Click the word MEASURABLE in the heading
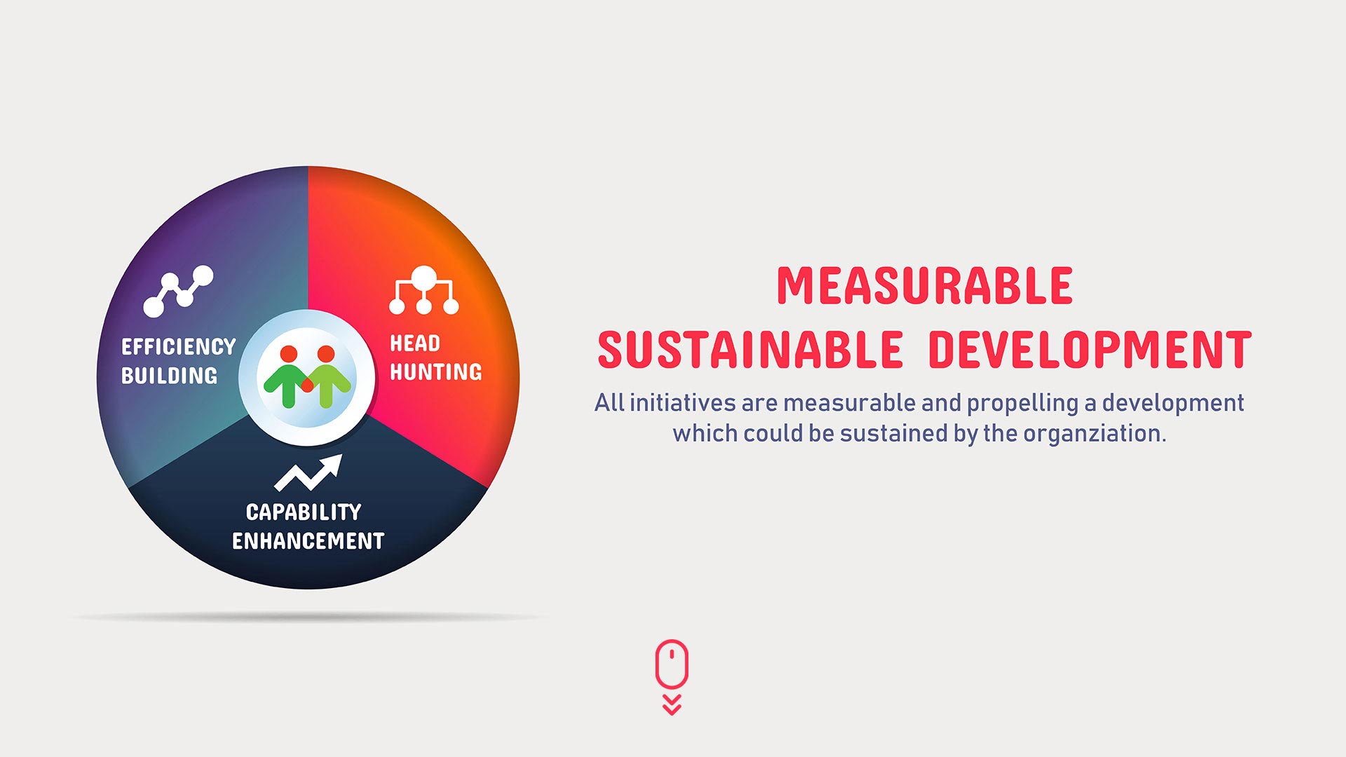pos(925,285)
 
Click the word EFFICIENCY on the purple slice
pos(179,347)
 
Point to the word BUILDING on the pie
pos(169,376)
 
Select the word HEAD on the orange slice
pos(415,343)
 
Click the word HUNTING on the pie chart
pos(435,371)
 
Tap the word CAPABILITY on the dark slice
pos(304,512)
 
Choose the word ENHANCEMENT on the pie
pos(308,541)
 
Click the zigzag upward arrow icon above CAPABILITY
pos(308,473)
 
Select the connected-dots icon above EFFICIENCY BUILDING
pos(178,290)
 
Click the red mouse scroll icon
pos(672,663)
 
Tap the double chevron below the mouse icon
pos(672,705)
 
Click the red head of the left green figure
pos(289,354)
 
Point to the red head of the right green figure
pos(326,354)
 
